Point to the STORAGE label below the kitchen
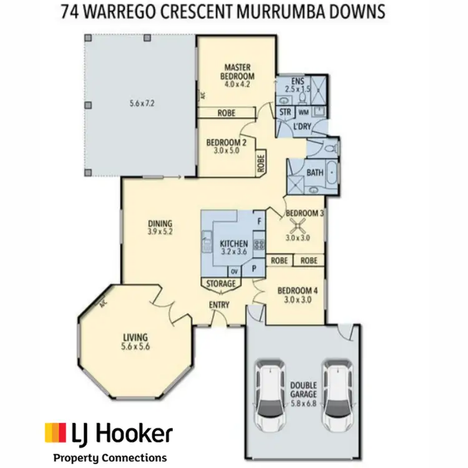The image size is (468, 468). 222,284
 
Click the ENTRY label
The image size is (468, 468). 220,305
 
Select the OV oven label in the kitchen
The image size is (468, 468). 235,271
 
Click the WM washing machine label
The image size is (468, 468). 303,112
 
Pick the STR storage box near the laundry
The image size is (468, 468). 286,112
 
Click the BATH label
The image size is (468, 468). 314,172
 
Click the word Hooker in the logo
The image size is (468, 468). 134,432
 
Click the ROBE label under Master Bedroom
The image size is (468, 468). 226,113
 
